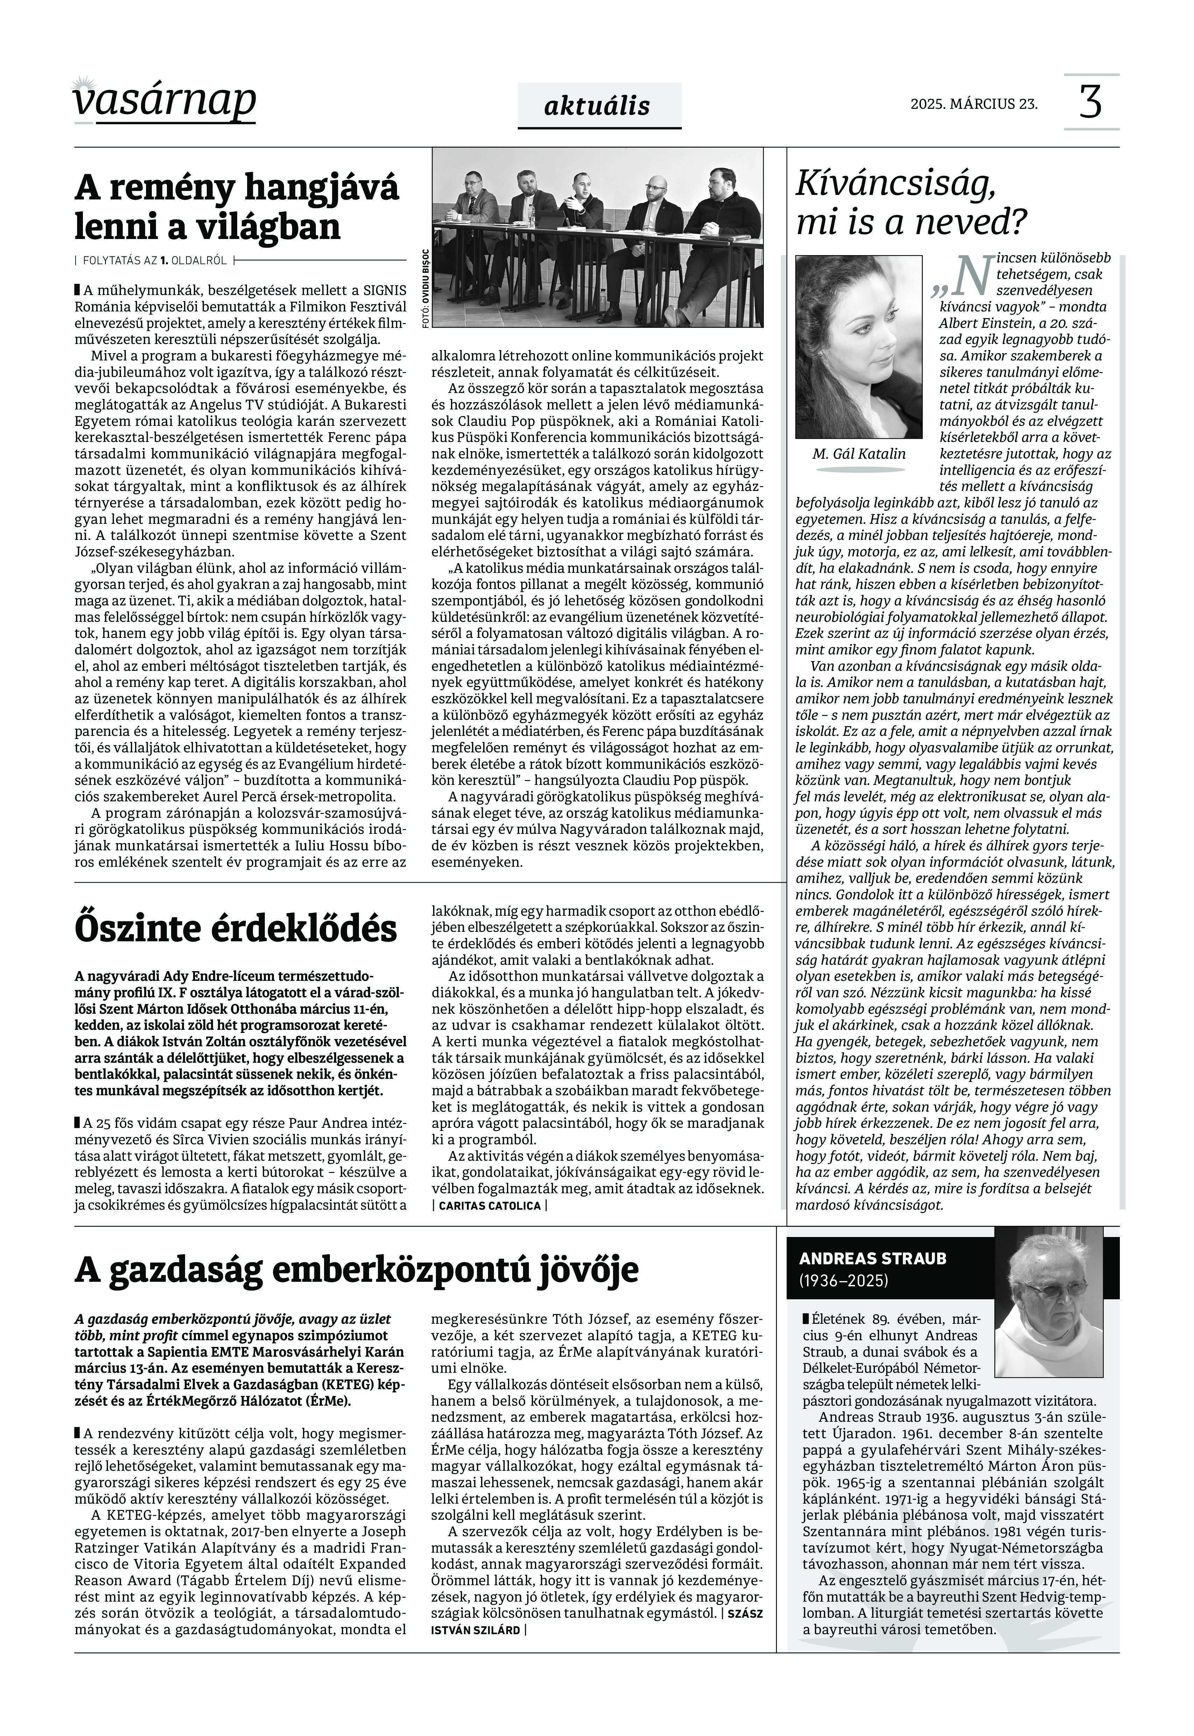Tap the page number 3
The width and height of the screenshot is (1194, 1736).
point(1091,103)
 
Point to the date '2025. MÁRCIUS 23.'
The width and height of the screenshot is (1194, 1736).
point(974,104)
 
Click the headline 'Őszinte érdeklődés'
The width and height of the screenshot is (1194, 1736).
point(236,929)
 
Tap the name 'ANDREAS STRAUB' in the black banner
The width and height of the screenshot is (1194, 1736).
point(872,1259)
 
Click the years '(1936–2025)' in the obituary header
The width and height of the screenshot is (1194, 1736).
point(844,1281)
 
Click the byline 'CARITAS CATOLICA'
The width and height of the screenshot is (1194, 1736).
point(489,1206)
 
